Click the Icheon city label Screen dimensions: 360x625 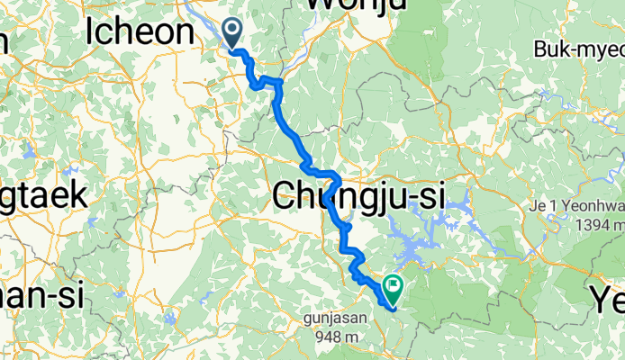pos(141,32)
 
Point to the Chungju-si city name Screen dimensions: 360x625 pos(358,195)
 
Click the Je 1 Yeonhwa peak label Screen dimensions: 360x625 pos(575,208)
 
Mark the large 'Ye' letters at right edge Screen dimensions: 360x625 pos(607,298)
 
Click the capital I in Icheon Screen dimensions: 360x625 pos(91,32)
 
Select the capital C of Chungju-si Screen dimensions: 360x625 pos(286,195)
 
